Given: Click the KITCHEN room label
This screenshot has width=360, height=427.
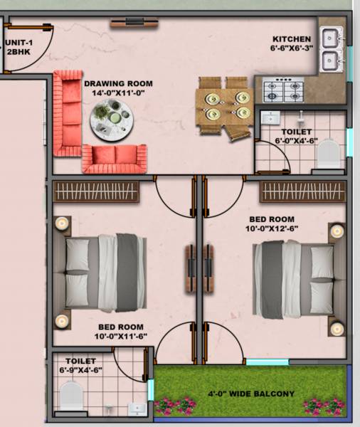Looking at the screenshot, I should (292, 39).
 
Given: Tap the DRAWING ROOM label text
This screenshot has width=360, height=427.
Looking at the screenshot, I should (113, 83).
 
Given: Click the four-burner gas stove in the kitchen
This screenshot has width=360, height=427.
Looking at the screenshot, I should (283, 90).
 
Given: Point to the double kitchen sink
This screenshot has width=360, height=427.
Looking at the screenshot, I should (331, 48).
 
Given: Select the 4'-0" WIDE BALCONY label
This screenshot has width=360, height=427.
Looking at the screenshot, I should (250, 394).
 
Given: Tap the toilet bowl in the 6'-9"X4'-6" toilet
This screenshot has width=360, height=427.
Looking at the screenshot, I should (72, 394).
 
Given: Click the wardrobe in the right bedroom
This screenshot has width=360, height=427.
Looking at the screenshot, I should (302, 191).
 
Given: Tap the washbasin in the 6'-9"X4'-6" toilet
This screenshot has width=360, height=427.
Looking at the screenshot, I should (136, 408).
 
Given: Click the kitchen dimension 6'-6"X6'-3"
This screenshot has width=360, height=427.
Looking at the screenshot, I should (292, 50).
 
